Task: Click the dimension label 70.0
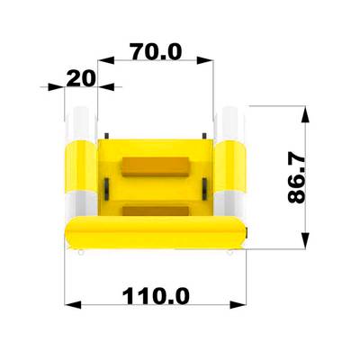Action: click(x=156, y=51)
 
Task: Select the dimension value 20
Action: click(x=81, y=78)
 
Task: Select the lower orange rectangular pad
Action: click(x=155, y=211)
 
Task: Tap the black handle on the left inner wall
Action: click(x=105, y=188)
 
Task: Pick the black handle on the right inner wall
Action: click(x=209, y=188)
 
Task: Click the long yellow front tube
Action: click(x=155, y=234)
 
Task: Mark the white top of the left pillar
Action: click(x=81, y=122)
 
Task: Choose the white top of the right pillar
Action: click(x=230, y=122)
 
